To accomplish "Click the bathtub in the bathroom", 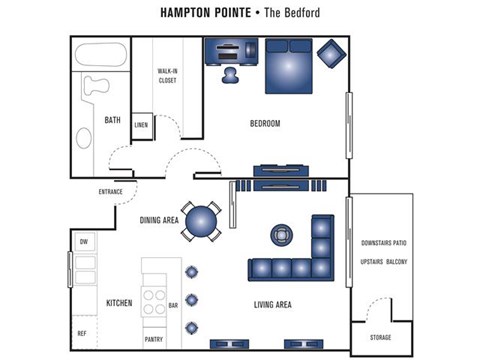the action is point(101,54).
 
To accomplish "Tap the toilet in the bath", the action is point(95,86).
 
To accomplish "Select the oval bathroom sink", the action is point(84,138).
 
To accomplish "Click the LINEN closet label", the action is point(141,125).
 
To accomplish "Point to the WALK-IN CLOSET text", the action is point(167,76).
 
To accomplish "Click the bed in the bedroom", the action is point(289,66).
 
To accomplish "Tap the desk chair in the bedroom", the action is point(230,75).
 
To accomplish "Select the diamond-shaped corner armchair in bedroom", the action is point(331,54).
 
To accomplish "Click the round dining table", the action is point(201,222).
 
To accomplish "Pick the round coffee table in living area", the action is point(282,235).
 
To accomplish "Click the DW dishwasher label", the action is point(84,242).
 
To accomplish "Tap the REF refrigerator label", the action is point(82,333).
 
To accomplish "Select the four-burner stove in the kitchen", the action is point(154,302).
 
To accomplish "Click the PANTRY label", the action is point(154,339).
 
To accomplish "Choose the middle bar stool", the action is point(192,300).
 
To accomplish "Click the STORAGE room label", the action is point(380,338).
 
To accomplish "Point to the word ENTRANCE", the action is point(111,192).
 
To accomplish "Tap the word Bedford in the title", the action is point(302,13).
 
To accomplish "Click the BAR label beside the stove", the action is point(173,305).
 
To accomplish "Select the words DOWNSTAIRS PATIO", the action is point(384,243).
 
